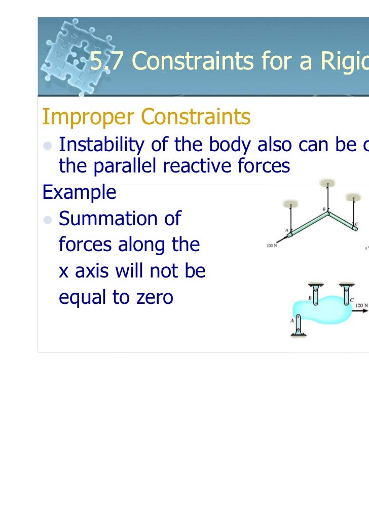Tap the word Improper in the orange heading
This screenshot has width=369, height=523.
pyautogui.click(x=87, y=117)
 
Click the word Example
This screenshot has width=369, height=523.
pyautogui.click(x=79, y=192)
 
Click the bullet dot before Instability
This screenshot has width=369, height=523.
pyautogui.click(x=47, y=146)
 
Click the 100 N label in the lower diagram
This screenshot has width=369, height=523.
pyautogui.click(x=361, y=305)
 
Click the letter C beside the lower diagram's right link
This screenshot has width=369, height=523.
pyautogui.click(x=351, y=300)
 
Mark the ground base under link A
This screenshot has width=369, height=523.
pyautogui.click(x=299, y=335)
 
